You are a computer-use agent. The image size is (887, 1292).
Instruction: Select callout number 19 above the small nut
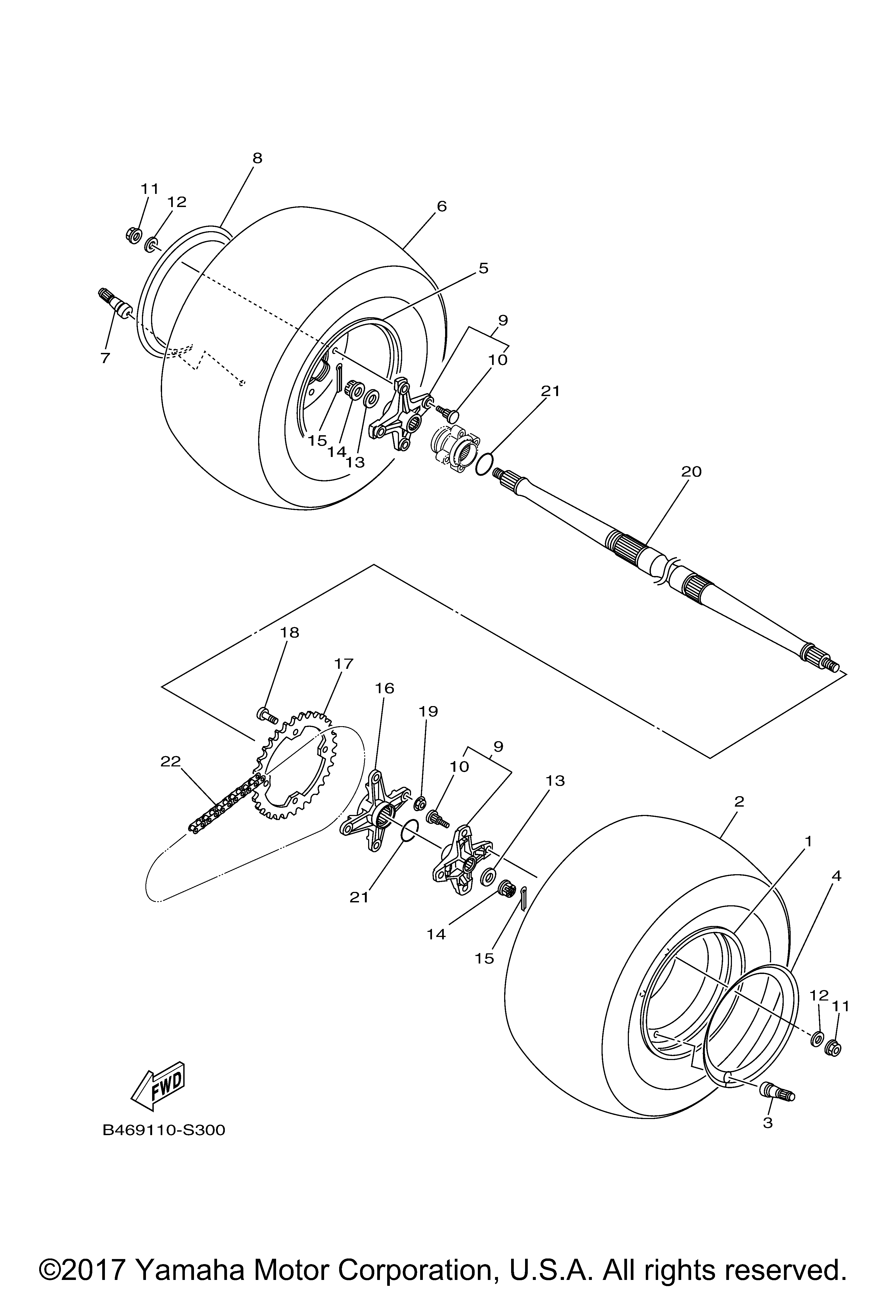429,711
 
